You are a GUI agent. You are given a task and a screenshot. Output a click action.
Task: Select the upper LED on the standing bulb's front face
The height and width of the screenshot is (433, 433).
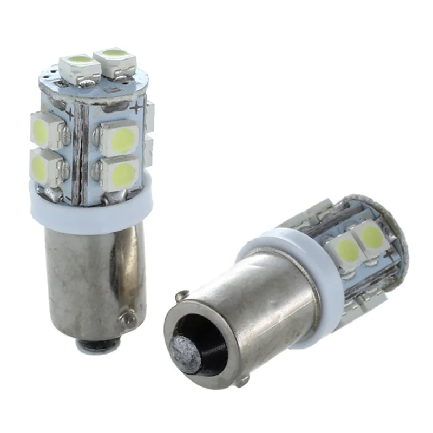click(x=119, y=137)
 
